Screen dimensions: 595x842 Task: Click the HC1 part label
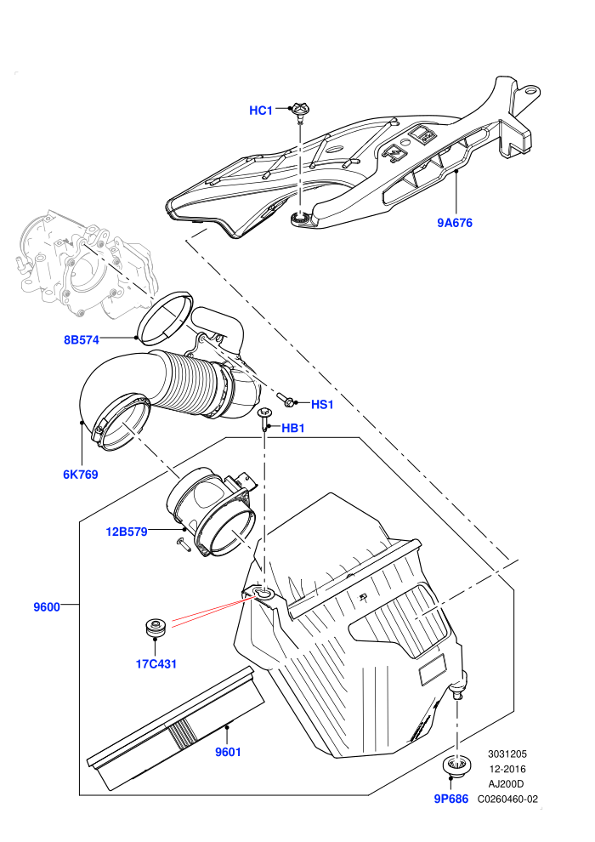(x=261, y=111)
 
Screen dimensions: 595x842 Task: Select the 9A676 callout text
(x=455, y=223)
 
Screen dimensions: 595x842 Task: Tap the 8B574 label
(x=82, y=340)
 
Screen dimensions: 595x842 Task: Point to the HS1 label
(x=322, y=404)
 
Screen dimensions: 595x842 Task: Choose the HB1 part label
(x=293, y=428)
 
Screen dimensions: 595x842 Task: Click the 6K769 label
(x=81, y=475)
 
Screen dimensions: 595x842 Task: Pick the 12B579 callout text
(x=127, y=532)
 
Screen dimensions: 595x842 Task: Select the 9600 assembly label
(x=47, y=607)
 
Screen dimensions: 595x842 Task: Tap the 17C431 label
(x=156, y=663)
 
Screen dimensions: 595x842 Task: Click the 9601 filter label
(x=228, y=753)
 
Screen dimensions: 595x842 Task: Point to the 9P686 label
(x=451, y=799)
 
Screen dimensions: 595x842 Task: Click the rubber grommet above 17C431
(x=155, y=629)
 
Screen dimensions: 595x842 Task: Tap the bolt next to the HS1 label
(x=285, y=399)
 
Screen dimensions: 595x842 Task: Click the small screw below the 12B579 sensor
(x=183, y=544)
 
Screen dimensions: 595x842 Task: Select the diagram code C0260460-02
(x=507, y=799)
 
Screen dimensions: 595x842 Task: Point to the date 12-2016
(x=507, y=769)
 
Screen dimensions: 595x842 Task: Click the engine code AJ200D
(x=506, y=784)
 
